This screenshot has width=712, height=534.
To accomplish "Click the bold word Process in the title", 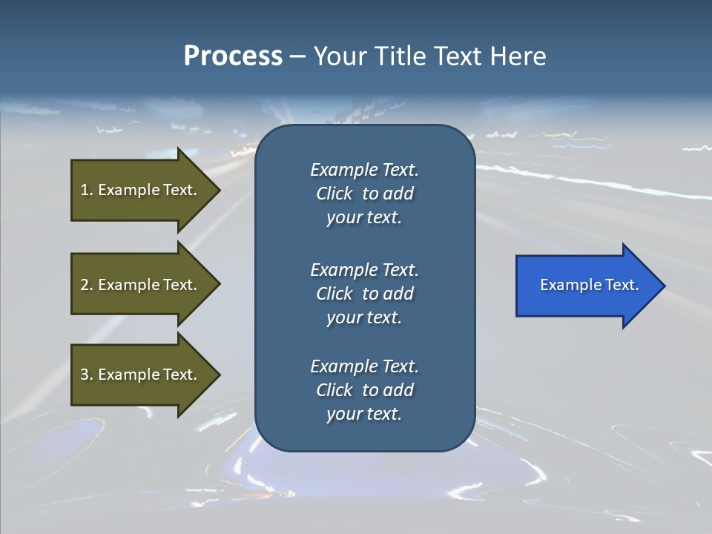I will (x=233, y=56).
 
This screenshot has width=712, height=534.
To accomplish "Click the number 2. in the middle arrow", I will (x=86, y=285).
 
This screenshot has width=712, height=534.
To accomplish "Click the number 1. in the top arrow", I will (x=86, y=190).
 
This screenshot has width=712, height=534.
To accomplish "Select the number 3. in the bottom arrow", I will (x=86, y=375).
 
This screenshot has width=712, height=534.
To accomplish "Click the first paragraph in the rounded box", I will (x=364, y=194).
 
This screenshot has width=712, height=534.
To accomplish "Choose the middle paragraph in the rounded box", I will (x=364, y=294).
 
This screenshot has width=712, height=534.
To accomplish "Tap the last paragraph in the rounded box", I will (x=364, y=390).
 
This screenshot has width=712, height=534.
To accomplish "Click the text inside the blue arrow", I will (x=589, y=285).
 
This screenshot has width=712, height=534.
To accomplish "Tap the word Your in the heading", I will (x=338, y=56).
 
